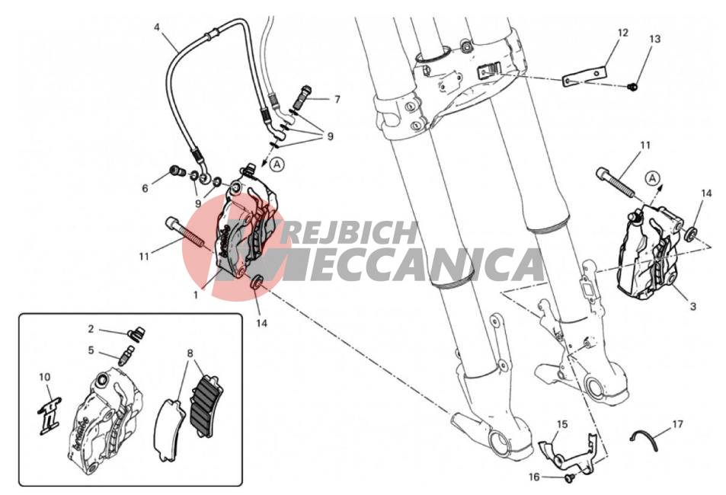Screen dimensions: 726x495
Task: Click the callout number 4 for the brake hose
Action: point(157,27)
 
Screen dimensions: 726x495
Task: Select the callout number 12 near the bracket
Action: point(622,33)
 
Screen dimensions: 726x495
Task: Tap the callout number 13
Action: point(654,39)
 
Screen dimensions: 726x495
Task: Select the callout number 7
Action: point(337,99)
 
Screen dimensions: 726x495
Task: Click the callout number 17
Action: point(677,423)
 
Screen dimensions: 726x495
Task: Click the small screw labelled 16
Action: point(569,478)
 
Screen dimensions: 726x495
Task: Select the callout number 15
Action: point(562,424)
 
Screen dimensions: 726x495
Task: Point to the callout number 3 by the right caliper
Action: point(692,306)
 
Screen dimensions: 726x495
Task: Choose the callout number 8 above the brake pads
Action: point(190,354)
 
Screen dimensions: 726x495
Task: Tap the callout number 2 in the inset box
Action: point(91,329)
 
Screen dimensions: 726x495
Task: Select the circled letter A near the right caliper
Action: point(652,177)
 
